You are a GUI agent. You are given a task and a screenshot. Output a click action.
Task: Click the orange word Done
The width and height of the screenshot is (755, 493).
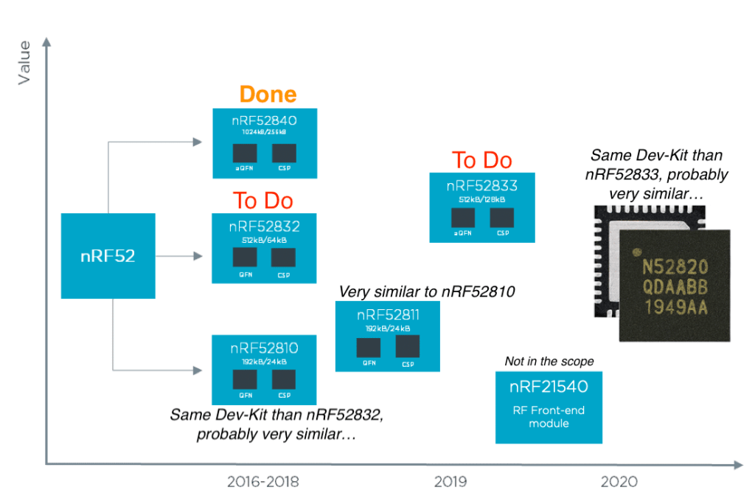tap(268, 94)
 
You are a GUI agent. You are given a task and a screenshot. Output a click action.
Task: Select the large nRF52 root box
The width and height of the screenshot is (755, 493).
tap(108, 255)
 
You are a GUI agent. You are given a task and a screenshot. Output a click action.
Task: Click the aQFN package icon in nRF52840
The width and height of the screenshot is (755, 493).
tap(245, 154)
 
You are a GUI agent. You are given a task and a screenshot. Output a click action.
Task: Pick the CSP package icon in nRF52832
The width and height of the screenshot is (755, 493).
tap(282, 258)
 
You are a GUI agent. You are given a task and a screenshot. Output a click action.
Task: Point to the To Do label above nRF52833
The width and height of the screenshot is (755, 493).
tap(481, 160)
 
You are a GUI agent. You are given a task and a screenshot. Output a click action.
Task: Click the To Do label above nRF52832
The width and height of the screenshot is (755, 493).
tap(263, 201)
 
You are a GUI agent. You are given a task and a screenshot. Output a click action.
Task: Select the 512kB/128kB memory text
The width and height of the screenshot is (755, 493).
tap(482, 199)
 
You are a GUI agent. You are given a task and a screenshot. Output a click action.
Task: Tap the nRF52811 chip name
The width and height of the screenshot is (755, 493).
tap(388, 316)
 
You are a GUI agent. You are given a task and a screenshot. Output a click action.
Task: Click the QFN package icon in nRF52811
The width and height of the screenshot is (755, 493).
tap(368, 348)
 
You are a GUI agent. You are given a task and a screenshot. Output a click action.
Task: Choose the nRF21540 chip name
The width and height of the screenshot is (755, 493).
tap(549, 387)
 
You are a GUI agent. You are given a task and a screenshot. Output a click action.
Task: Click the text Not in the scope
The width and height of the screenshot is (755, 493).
tap(549, 362)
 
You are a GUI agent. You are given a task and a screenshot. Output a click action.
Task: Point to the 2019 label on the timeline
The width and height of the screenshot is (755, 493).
tap(450, 482)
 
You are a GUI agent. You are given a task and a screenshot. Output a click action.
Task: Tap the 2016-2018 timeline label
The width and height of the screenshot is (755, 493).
tap(263, 482)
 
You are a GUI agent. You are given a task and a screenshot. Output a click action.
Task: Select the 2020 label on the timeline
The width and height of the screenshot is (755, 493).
tap(619, 482)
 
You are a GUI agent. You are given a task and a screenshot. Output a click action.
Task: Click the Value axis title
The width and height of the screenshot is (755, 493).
tap(24, 63)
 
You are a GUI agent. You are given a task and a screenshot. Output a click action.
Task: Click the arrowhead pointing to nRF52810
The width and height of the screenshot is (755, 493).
tap(198, 369)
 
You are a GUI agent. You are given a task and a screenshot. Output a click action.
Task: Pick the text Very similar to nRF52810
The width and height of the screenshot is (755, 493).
tap(426, 292)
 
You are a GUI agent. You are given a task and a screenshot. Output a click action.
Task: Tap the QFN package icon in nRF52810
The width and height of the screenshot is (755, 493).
tap(245, 379)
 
